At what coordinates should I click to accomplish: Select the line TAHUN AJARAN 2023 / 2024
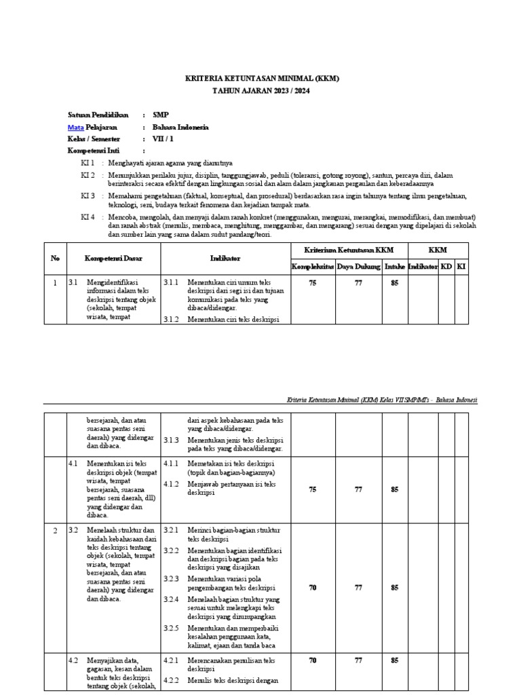(x=261, y=90)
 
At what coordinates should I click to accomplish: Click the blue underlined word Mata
(x=75, y=127)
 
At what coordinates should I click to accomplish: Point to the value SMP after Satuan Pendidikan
(x=161, y=115)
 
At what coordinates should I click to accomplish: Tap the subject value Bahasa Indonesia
(x=180, y=127)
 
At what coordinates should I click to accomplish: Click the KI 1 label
(x=88, y=163)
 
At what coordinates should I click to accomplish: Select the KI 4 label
(x=88, y=217)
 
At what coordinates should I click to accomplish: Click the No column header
(x=56, y=259)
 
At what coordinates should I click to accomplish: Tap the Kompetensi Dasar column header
(x=113, y=259)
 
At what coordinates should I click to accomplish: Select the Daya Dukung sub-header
(x=359, y=267)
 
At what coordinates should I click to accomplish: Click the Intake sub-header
(x=395, y=267)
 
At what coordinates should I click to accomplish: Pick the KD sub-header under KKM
(x=446, y=267)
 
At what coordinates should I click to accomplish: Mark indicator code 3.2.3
(x=171, y=578)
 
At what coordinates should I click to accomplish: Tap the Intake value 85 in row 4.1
(x=395, y=489)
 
